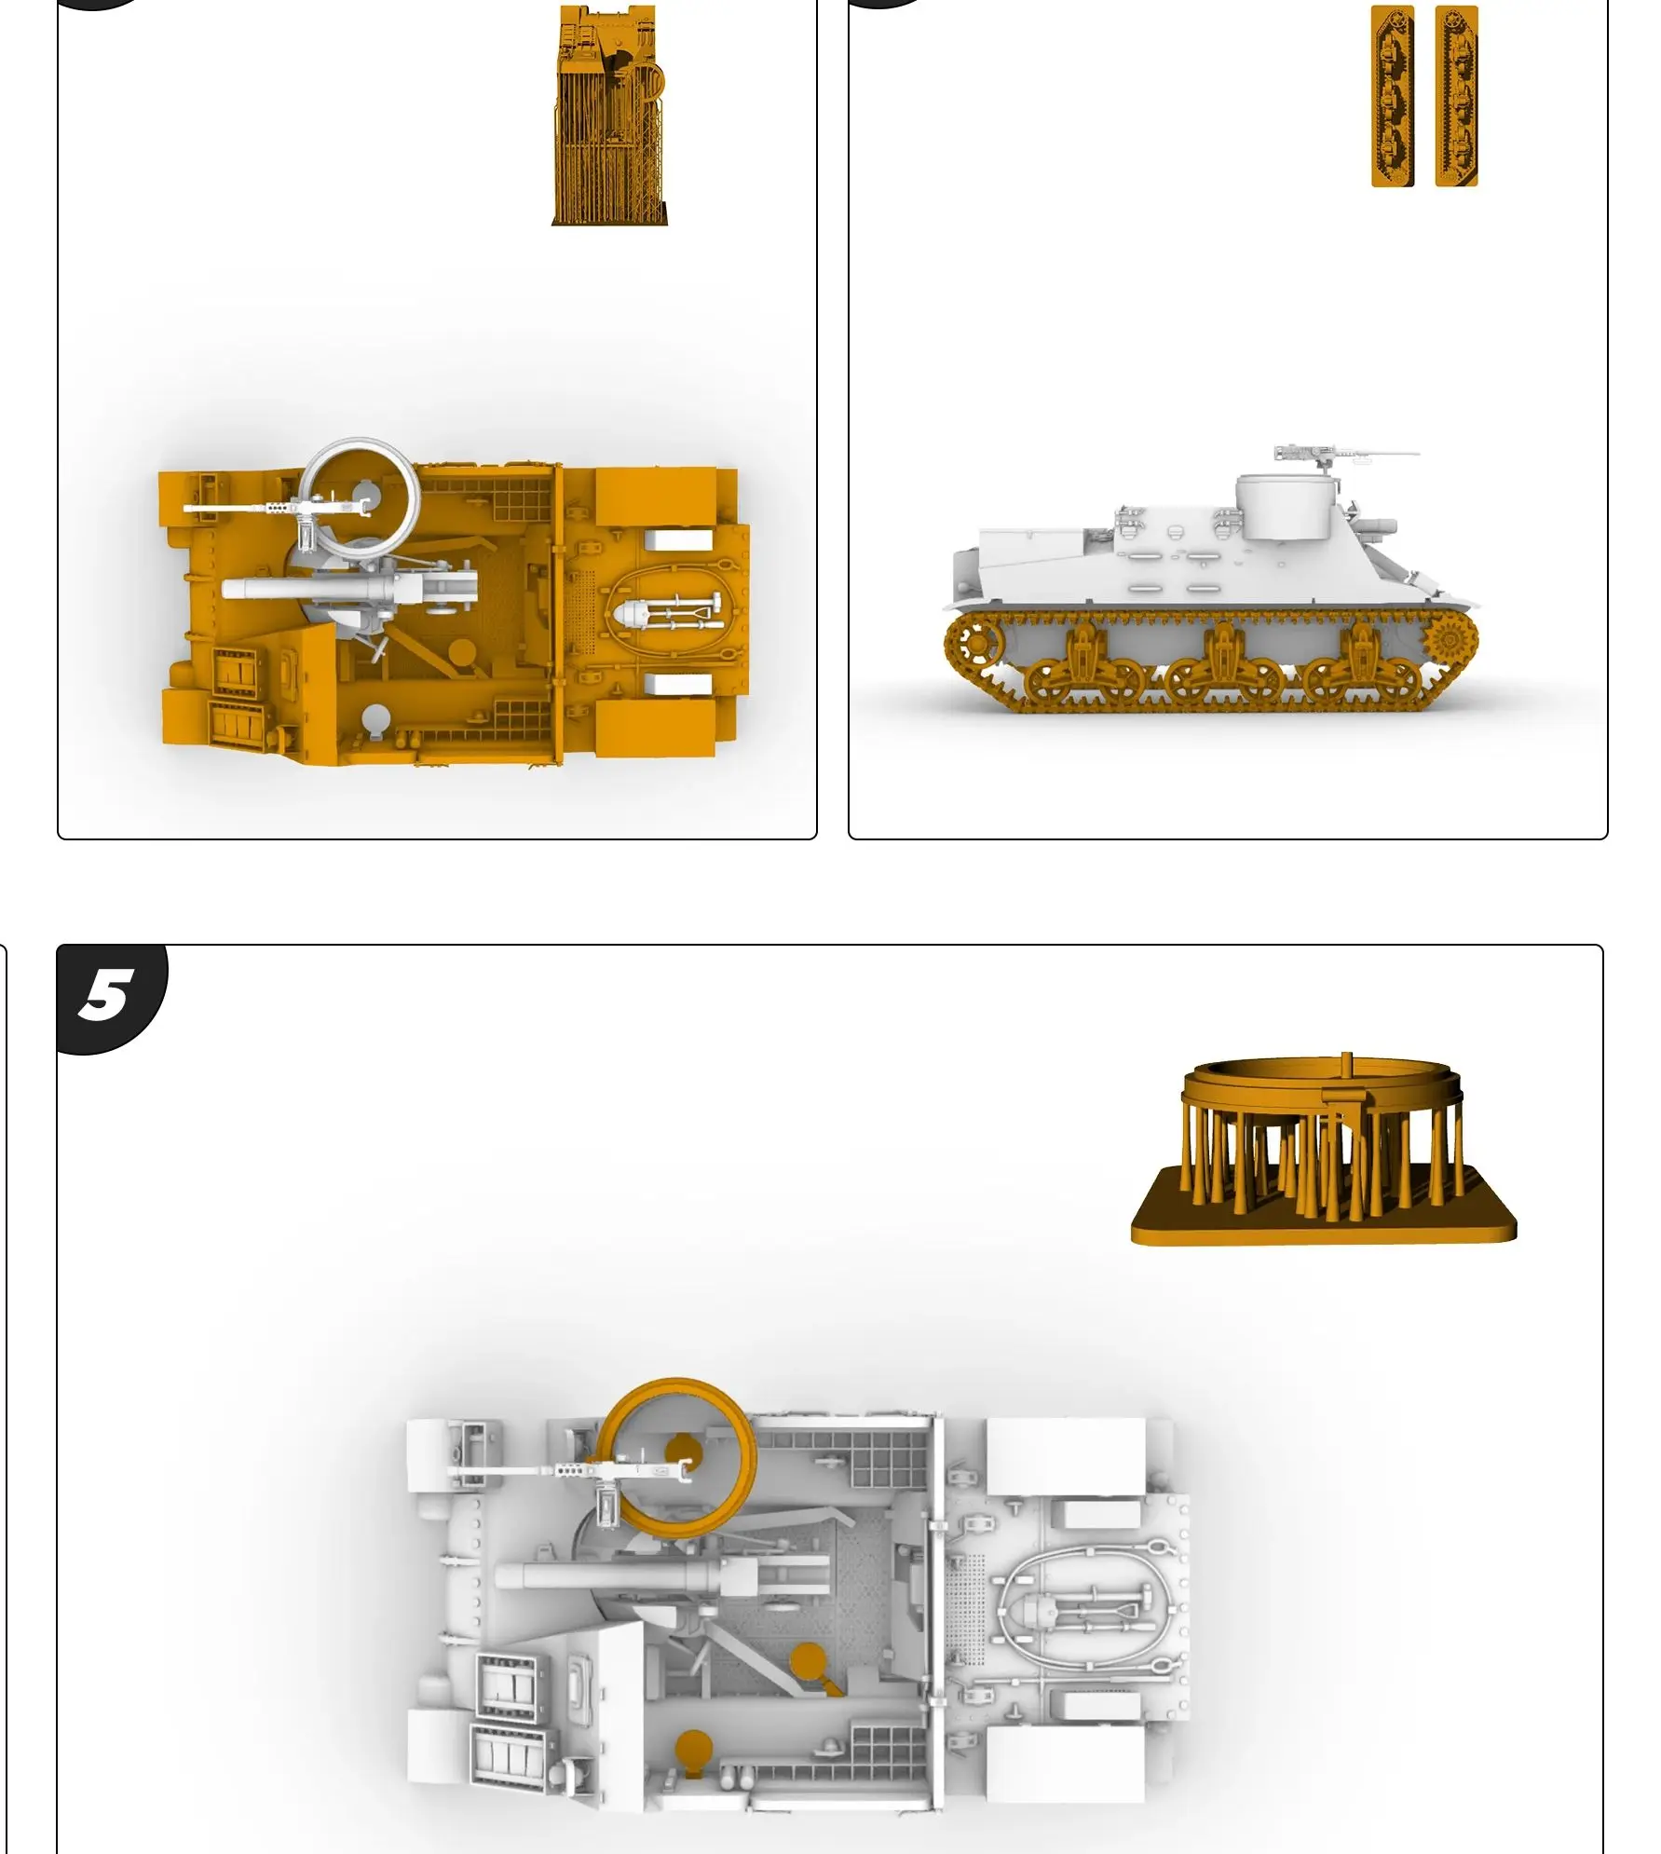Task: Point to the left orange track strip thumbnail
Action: (1392, 96)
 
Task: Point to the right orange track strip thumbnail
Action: (1456, 96)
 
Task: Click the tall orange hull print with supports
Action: (610, 116)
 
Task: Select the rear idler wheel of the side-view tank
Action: (973, 643)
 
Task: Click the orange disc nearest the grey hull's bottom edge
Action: (693, 1748)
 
